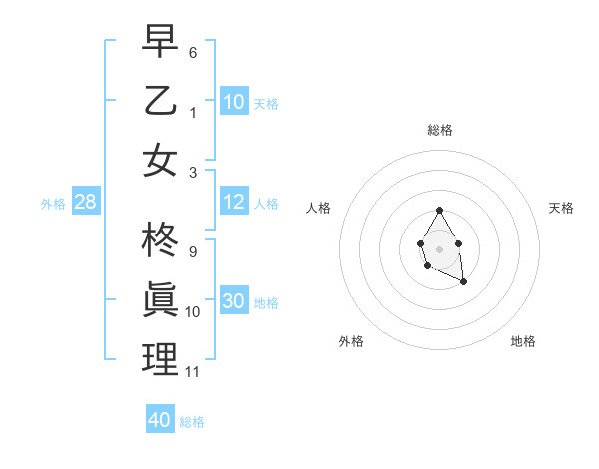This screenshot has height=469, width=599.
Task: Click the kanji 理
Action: coord(160,359)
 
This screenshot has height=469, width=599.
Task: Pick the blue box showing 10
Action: coord(234,101)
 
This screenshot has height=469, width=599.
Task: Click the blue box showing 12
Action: coord(234,202)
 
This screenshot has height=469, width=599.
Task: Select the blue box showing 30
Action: coord(234,302)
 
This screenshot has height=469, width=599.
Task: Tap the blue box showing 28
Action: coord(85,203)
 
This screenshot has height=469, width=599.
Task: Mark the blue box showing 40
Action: coord(160,420)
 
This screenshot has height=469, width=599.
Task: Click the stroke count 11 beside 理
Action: coord(193,373)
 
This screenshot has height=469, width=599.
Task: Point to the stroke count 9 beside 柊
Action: coord(192,251)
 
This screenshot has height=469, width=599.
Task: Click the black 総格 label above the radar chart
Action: coord(440,130)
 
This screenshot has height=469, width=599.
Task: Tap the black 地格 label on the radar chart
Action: coord(523,342)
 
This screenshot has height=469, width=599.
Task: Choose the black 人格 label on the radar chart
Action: coord(319,208)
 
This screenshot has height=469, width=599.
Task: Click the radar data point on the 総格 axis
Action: coord(439,210)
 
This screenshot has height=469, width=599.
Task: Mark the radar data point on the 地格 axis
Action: coord(464,282)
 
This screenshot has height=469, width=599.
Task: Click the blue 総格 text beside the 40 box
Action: coord(192,422)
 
